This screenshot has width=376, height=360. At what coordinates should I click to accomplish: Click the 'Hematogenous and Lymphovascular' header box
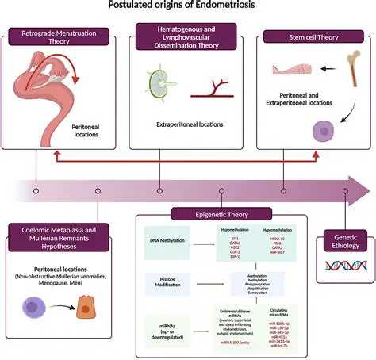tap(186, 36)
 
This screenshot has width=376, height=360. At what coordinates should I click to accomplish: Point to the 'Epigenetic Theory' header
tap(209, 213)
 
